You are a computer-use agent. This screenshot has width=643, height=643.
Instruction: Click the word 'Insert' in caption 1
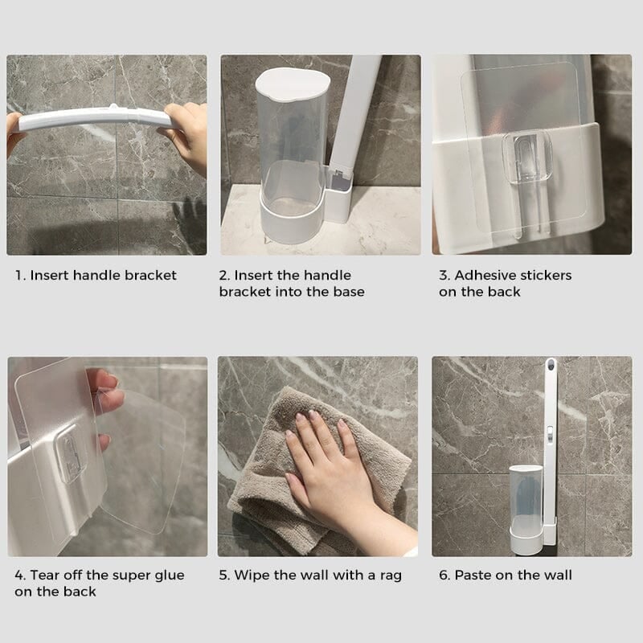click(x=50, y=276)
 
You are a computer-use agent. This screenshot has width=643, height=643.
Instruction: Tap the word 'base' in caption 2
click(x=346, y=292)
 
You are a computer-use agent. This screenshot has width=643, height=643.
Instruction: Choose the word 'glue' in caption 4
click(x=166, y=575)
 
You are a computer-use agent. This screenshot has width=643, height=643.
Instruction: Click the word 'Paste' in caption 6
click(x=473, y=575)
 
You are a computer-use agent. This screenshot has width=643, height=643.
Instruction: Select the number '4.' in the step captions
click(x=20, y=575)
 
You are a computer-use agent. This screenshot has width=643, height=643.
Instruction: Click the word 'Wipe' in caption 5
click(x=249, y=575)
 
